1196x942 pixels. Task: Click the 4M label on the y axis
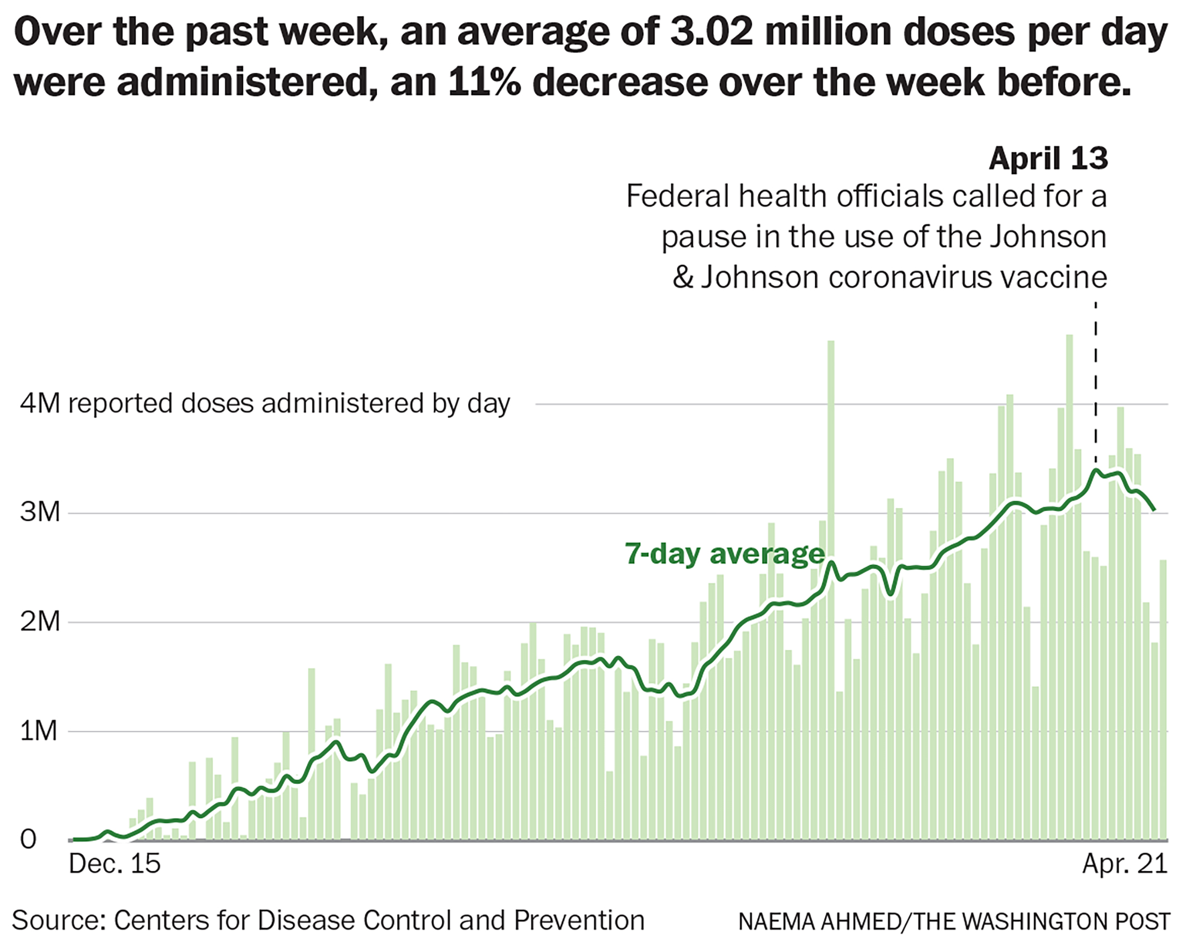tap(40, 404)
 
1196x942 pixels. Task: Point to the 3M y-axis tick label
tap(40, 512)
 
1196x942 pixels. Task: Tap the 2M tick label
tap(40, 622)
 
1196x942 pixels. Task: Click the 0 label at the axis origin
tap(28, 839)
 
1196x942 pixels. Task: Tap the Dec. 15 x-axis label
tap(115, 863)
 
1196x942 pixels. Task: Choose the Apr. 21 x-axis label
tap(1125, 863)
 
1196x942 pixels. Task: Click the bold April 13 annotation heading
tap(1048, 159)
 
